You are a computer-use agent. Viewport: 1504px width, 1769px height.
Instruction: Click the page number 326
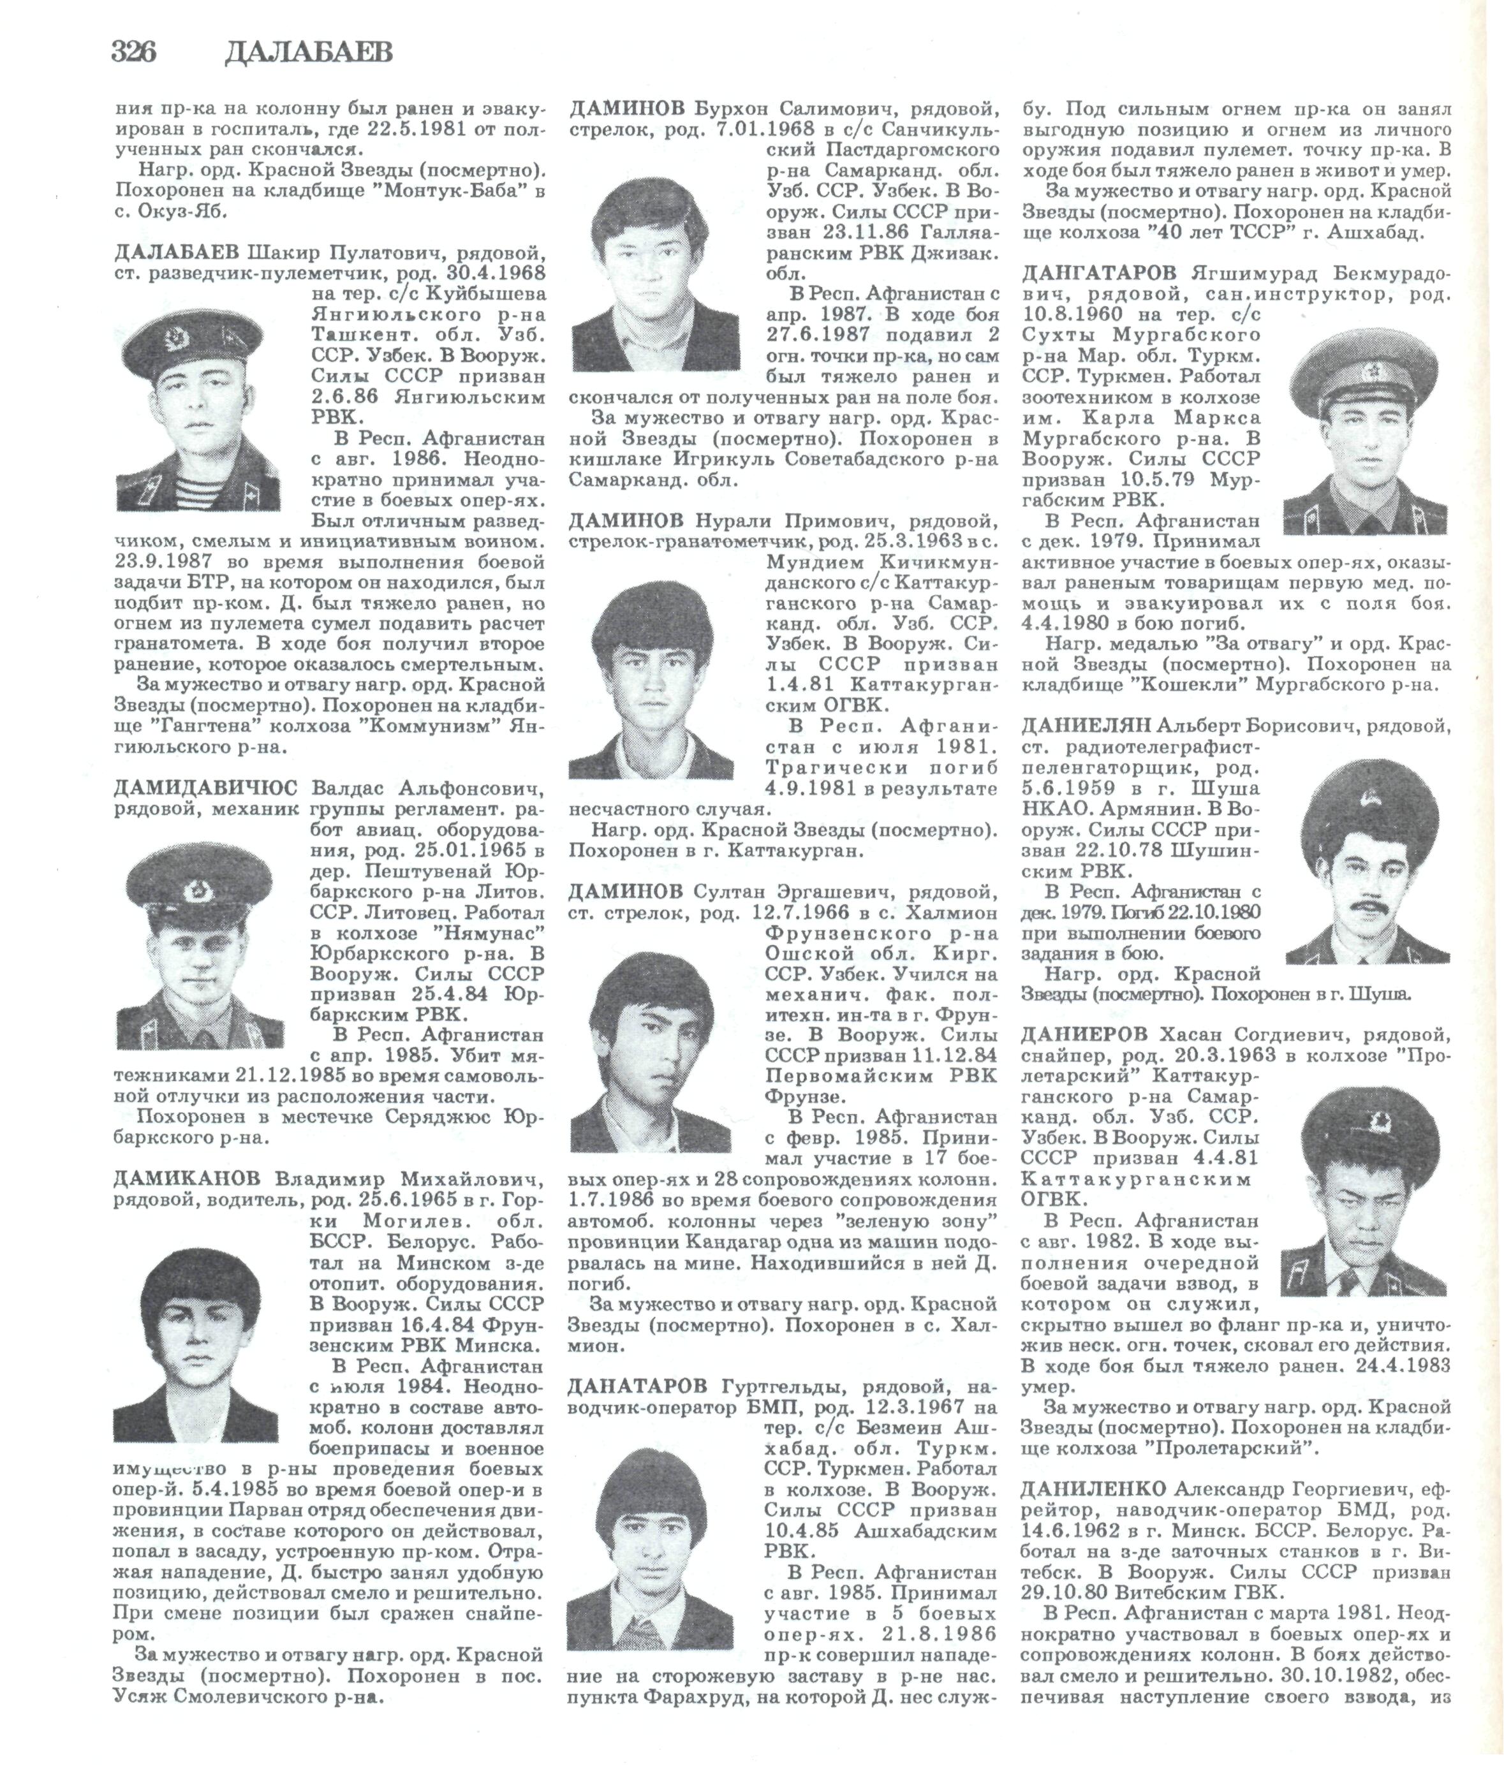134,53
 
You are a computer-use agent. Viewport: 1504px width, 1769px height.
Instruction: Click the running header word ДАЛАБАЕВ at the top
309,53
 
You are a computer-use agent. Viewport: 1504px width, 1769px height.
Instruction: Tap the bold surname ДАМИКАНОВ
188,1179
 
